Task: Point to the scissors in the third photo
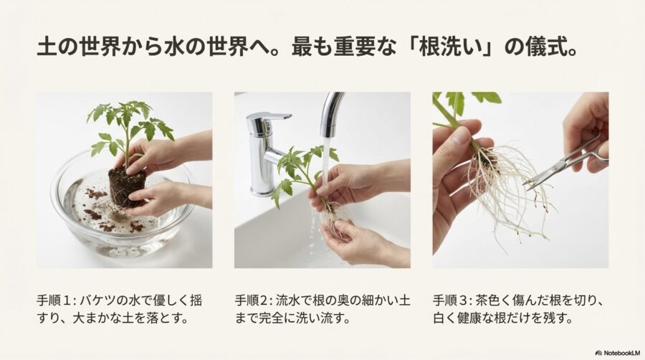coord(563,165)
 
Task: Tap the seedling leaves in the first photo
coord(129,122)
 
